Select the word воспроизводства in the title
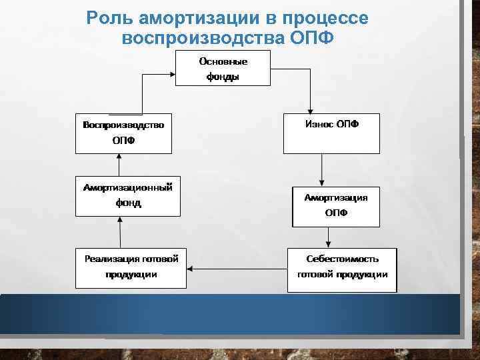[x=204, y=37]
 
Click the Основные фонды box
[x=223, y=69]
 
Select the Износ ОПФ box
[x=332, y=133]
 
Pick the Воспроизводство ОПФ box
[x=123, y=133]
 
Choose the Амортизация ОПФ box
[x=335, y=206]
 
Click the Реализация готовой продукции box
[x=131, y=268]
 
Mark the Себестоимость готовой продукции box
[x=342, y=269]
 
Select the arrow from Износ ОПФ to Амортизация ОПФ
[x=321, y=169]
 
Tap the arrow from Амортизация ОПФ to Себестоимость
[x=327, y=237]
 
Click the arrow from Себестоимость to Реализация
[x=237, y=269]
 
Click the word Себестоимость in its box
[x=342, y=259]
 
